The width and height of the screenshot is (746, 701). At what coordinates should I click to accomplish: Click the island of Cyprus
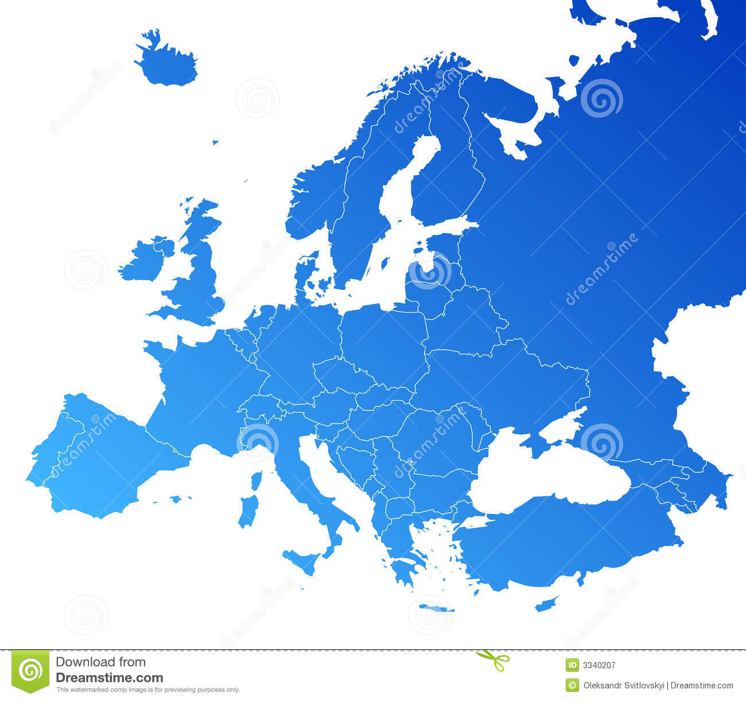click(546, 604)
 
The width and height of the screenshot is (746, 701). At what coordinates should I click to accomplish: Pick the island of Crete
click(436, 607)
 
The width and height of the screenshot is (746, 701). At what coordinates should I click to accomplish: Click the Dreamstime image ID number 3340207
click(599, 665)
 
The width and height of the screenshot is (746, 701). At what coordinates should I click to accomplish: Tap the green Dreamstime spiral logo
click(30, 670)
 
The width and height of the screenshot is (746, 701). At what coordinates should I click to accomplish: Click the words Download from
click(100, 662)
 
